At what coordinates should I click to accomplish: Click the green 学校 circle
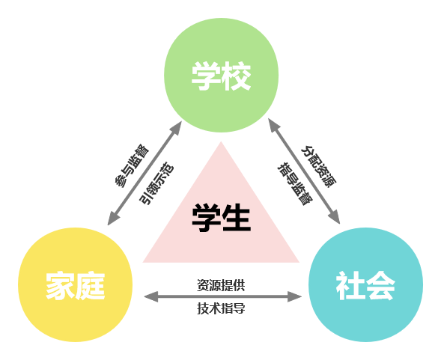pos(222,75)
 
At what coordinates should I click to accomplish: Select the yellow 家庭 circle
pos(76,284)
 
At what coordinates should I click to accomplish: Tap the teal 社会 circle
pos(365,284)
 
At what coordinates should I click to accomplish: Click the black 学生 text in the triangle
pos(221,218)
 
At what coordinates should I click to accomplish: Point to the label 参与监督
pos(132,166)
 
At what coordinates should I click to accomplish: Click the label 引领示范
pos(156,183)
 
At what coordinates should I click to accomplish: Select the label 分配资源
pos(319,166)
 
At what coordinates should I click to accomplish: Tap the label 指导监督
pos(295,183)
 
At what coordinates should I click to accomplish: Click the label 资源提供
pos(221,285)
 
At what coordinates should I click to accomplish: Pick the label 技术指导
pos(221,308)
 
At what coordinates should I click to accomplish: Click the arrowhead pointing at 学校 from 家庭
pos(177,128)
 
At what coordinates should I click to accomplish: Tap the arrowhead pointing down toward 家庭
pos(113,219)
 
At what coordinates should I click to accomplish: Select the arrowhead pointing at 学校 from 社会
pos(273,125)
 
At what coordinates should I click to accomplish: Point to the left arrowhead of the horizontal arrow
pos(150,296)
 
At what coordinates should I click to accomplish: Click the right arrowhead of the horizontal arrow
pos(295,296)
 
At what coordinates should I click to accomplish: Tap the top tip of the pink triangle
pos(221,141)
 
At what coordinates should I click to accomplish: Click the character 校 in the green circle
pos(237,76)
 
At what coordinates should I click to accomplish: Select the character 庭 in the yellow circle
pos(91,286)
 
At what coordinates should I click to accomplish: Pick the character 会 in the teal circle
pos(380,286)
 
